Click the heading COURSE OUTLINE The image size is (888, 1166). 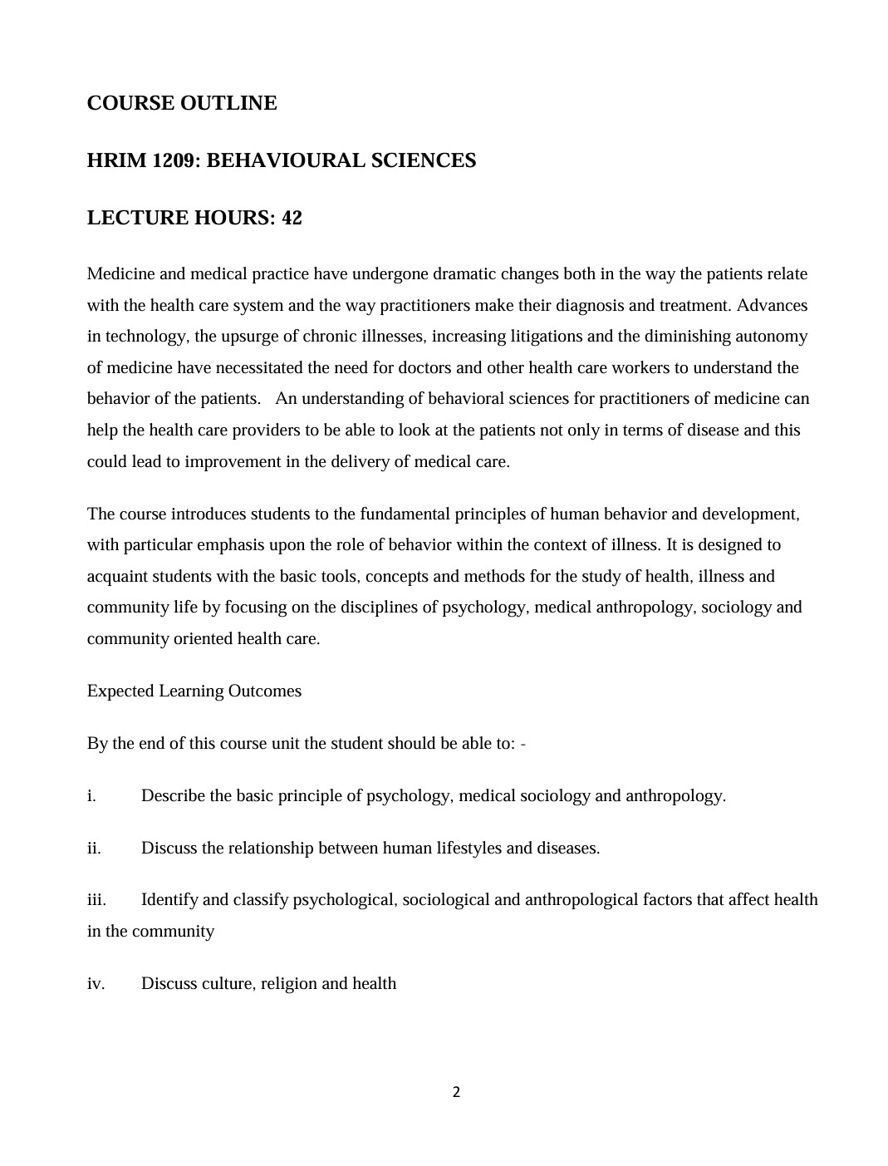coord(182,103)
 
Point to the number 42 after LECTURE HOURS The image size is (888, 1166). coord(292,218)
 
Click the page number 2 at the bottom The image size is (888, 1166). coord(456,1092)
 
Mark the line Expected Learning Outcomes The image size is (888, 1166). coord(194,691)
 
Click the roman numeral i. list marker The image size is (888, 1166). coord(91,795)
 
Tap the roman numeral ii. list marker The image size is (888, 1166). coord(94,848)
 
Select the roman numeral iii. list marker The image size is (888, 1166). coord(96,899)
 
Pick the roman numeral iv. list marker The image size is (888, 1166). coord(96,983)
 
